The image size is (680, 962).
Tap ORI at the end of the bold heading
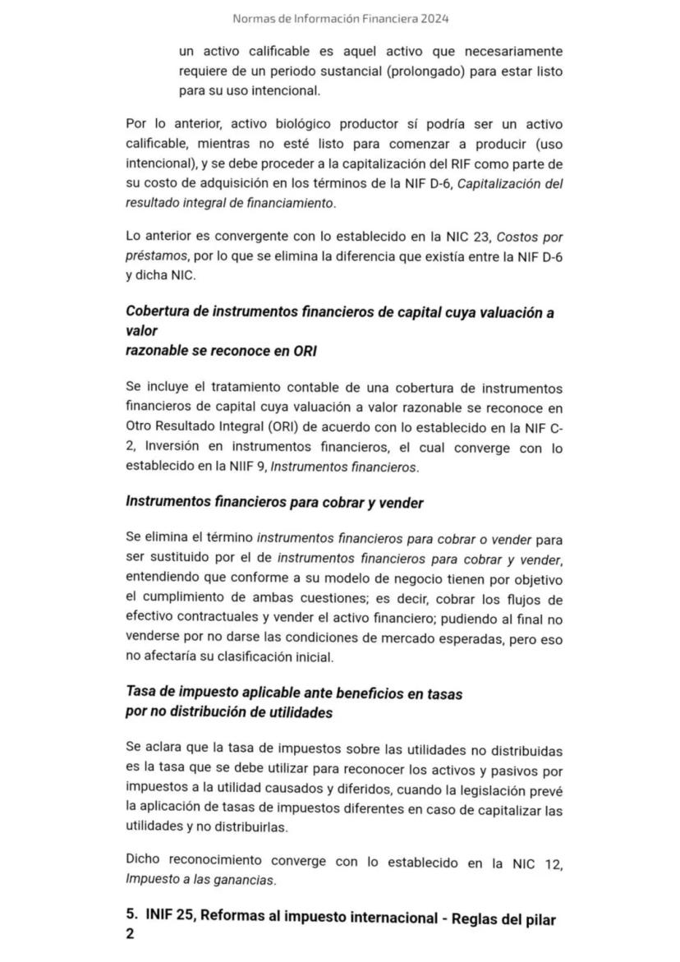coord(305,351)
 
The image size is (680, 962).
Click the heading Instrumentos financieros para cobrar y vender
coord(274,502)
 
